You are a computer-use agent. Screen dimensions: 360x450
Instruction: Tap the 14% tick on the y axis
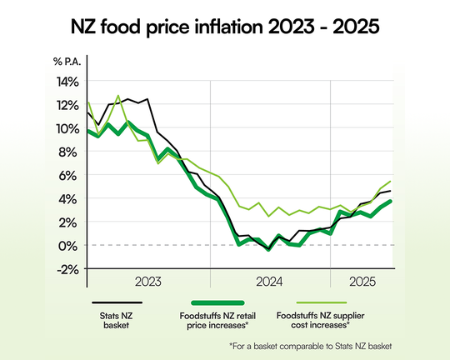(68, 82)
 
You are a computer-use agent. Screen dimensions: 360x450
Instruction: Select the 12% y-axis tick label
(68, 105)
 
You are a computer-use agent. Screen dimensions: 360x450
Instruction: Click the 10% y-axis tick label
(68, 128)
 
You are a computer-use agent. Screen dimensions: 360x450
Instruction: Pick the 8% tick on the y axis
(71, 152)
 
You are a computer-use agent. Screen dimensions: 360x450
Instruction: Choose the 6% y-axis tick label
(71, 175)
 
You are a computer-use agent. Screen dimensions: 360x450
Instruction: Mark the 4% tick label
(71, 198)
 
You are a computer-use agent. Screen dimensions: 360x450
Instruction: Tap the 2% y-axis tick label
(71, 222)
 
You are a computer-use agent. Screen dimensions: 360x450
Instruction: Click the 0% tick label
(71, 245)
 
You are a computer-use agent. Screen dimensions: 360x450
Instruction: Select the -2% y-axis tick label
(68, 268)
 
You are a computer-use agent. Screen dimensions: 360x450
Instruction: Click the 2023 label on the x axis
(147, 281)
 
